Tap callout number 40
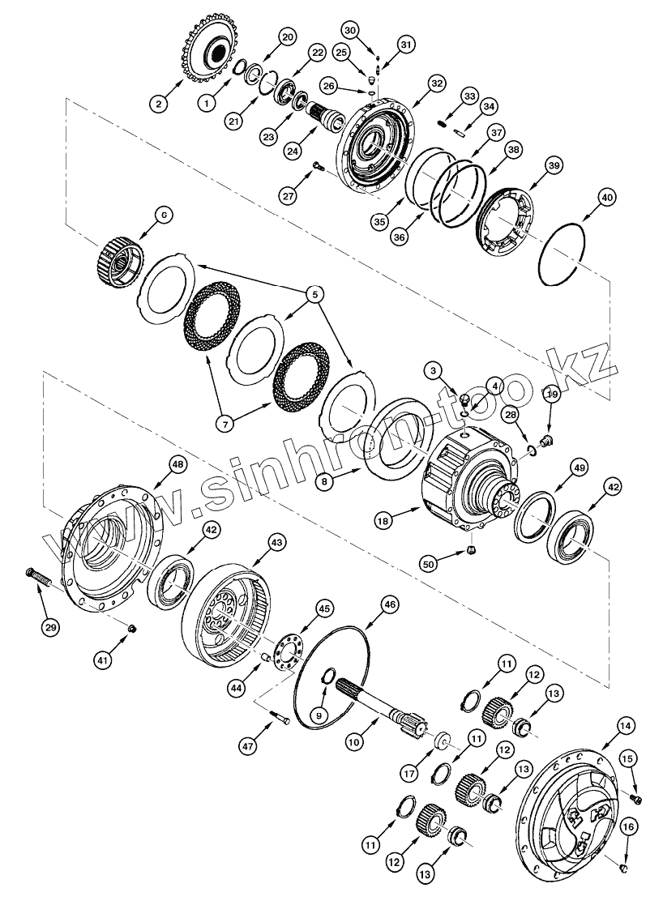point(607,197)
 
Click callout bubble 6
point(163,215)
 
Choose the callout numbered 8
point(326,481)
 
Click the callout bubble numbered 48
point(178,463)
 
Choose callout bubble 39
point(554,165)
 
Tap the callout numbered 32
point(438,83)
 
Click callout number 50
point(431,562)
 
